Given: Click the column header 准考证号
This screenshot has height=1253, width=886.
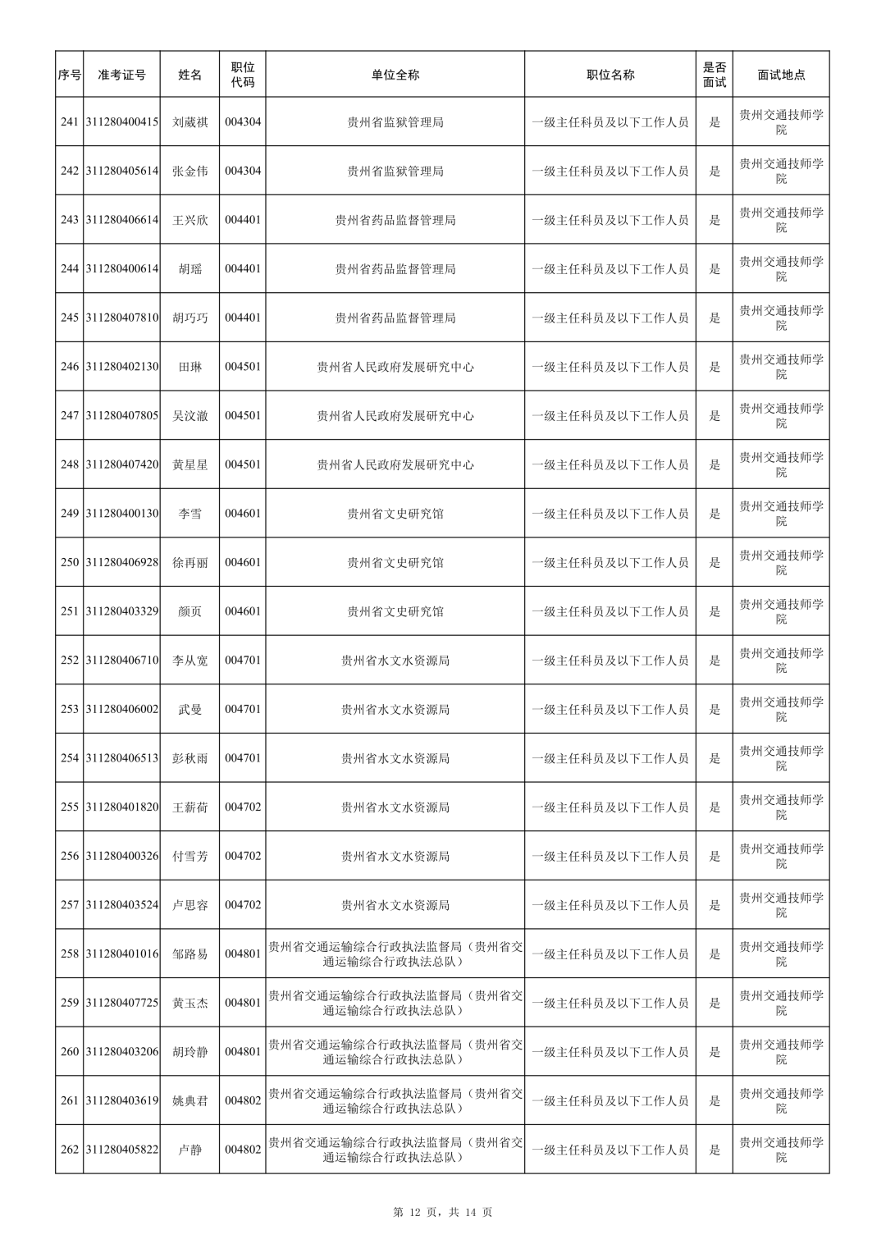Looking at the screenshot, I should [x=121, y=75].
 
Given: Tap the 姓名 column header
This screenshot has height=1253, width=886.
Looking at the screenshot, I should [x=190, y=75].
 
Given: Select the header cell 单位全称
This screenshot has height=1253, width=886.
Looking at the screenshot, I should [x=395, y=75].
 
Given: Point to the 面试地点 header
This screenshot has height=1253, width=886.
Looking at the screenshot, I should [x=781, y=75].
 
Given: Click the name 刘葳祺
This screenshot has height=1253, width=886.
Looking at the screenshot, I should [x=190, y=122].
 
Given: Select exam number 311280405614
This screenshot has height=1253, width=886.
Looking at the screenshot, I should [x=121, y=171].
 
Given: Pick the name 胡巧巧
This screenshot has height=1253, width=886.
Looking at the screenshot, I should [x=190, y=318].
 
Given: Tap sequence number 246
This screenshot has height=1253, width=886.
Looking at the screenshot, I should [x=70, y=367].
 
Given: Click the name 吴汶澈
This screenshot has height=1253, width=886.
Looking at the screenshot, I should [x=190, y=416].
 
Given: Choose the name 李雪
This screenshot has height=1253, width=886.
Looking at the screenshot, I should [x=190, y=514].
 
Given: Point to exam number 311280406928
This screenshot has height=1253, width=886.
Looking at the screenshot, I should [x=121, y=562].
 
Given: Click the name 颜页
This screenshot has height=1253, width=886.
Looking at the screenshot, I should [x=190, y=611].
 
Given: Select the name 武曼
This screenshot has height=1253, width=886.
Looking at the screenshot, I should [x=190, y=709].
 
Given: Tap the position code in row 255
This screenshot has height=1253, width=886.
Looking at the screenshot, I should [x=243, y=807].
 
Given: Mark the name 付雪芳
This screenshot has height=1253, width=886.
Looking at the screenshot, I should [x=190, y=856].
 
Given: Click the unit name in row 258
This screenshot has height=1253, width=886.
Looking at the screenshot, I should [x=395, y=953].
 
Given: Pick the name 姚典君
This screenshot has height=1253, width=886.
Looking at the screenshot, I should [x=190, y=1100].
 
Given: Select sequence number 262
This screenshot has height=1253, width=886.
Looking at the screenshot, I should [x=70, y=1150].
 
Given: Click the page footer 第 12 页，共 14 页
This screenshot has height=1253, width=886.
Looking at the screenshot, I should [x=443, y=1212].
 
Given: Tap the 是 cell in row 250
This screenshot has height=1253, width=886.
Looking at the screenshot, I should [x=715, y=562].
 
